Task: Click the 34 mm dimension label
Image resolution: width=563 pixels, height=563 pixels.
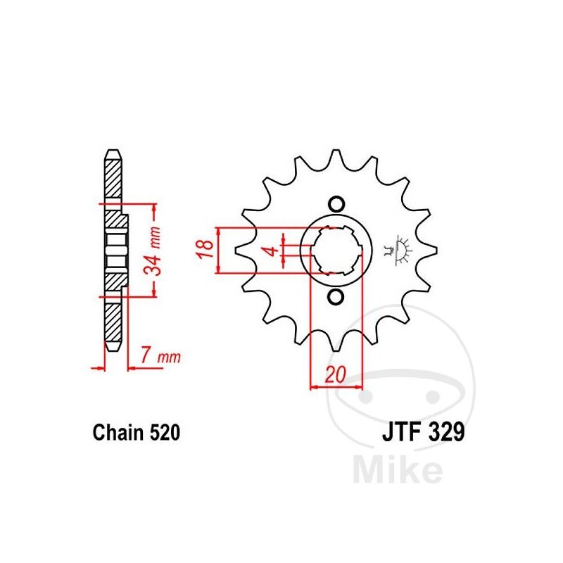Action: tap(152, 251)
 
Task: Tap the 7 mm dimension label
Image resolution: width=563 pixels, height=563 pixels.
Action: tap(160, 356)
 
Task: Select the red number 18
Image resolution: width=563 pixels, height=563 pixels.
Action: tap(205, 249)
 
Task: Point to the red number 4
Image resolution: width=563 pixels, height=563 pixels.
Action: tap(272, 251)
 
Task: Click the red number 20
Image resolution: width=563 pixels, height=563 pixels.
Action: tap(335, 374)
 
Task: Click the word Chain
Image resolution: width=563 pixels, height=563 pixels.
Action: tap(118, 432)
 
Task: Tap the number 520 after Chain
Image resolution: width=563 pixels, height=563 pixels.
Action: tap(165, 432)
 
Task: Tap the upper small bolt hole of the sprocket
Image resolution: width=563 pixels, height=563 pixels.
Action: tap(336, 204)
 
